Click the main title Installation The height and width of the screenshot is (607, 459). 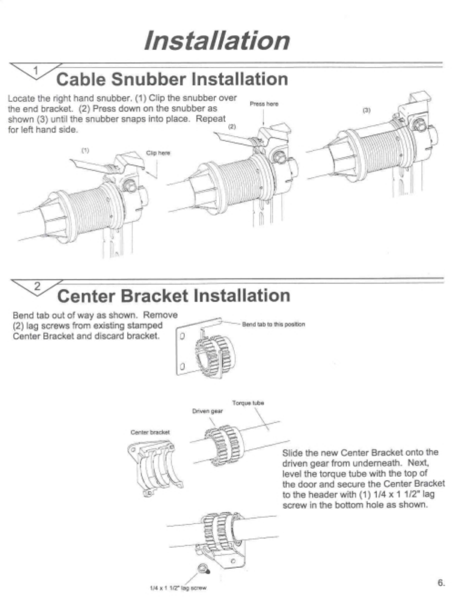click(217, 40)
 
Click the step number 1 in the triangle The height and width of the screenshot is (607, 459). click(36, 70)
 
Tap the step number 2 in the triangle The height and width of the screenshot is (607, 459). click(37, 286)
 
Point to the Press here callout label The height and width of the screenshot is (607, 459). click(264, 104)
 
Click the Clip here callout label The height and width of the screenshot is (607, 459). click(158, 153)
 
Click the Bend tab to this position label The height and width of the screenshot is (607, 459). click(273, 324)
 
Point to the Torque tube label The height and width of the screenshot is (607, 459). click(248, 403)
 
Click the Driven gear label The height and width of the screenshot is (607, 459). click(207, 411)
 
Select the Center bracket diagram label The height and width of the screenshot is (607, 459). click(150, 432)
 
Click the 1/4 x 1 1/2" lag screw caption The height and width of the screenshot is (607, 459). click(178, 588)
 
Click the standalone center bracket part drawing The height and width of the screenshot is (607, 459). click(155, 468)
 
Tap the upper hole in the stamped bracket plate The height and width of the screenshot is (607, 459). click(181, 337)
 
